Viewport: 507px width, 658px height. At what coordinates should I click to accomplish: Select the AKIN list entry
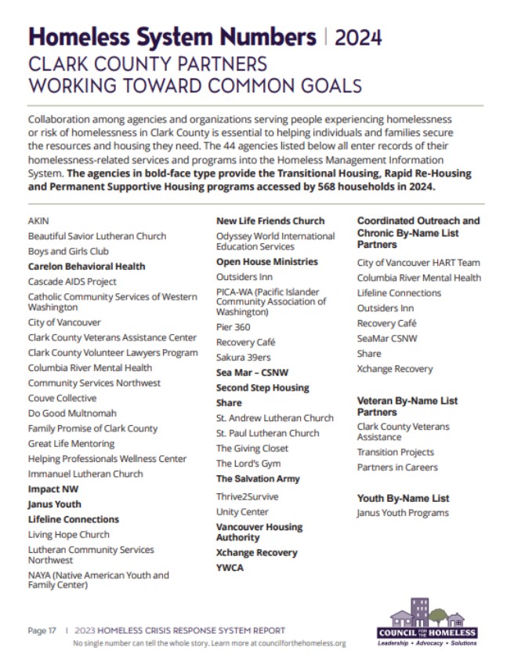(38, 221)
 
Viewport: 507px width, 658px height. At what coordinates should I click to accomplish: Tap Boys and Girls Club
(68, 251)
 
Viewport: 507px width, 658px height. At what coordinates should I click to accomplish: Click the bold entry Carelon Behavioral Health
(86, 267)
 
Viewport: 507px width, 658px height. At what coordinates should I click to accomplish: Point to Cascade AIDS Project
(72, 282)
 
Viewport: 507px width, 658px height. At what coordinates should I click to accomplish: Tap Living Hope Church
(69, 535)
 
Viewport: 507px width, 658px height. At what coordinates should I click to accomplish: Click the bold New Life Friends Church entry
(270, 221)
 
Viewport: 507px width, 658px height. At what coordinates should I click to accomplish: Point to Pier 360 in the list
(234, 327)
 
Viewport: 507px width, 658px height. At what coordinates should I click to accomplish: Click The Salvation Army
(258, 478)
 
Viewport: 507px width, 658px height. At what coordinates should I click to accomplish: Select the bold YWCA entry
(230, 568)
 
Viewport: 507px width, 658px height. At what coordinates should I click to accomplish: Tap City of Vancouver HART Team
(418, 263)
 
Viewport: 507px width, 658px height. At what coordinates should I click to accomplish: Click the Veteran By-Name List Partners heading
(407, 406)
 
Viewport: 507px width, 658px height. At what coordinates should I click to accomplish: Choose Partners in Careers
(397, 467)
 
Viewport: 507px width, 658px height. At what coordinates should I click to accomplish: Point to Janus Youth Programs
(403, 513)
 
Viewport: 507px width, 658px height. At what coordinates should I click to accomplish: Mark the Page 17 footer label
(42, 631)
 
